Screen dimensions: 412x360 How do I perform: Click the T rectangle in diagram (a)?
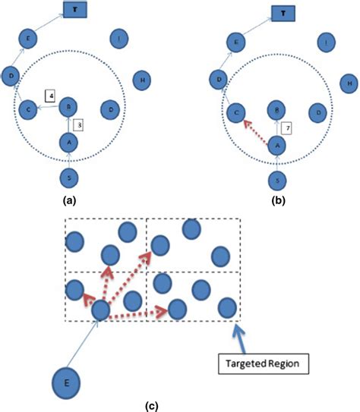74,10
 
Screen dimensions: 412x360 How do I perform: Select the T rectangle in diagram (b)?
283,13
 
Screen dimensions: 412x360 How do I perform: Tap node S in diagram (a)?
69,178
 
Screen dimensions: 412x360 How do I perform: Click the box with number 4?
50,96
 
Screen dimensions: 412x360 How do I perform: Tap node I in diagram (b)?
326,42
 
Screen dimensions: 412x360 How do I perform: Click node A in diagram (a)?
69,141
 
